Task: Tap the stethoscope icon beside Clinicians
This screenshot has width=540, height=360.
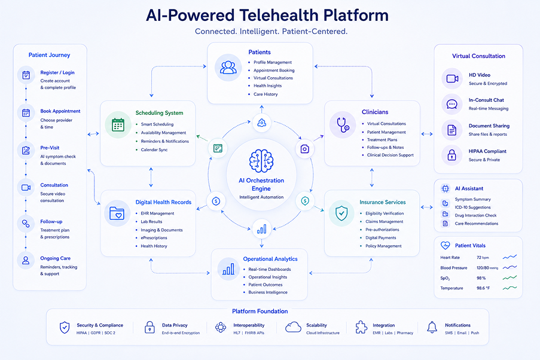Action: [x=343, y=125]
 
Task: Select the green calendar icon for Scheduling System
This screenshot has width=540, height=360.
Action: [x=118, y=125]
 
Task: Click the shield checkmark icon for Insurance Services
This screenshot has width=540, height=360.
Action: [x=341, y=213]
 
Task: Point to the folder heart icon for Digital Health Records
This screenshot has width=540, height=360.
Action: [x=117, y=213]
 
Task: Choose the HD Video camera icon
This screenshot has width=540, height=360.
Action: [x=452, y=78]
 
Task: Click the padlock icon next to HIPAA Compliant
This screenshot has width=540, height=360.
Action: [x=451, y=155]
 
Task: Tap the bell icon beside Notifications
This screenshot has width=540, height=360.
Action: [x=432, y=327]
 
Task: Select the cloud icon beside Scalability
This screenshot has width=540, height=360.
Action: [x=293, y=327]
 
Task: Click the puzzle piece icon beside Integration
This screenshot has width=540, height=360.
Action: [x=361, y=327]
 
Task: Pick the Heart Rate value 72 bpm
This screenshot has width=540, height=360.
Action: [x=483, y=257]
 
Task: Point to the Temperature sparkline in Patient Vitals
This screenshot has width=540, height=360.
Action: [x=510, y=288]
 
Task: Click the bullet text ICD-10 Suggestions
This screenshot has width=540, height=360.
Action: [x=472, y=208]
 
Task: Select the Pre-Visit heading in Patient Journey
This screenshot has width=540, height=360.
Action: [x=50, y=148]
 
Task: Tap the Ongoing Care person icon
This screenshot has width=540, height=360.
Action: [x=26, y=260]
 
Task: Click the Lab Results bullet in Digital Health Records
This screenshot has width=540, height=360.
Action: [x=151, y=221]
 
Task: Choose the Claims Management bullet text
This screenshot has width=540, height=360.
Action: [x=385, y=221]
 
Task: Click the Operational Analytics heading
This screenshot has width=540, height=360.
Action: [x=270, y=259]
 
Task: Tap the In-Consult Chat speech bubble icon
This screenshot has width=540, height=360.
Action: [x=452, y=104]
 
